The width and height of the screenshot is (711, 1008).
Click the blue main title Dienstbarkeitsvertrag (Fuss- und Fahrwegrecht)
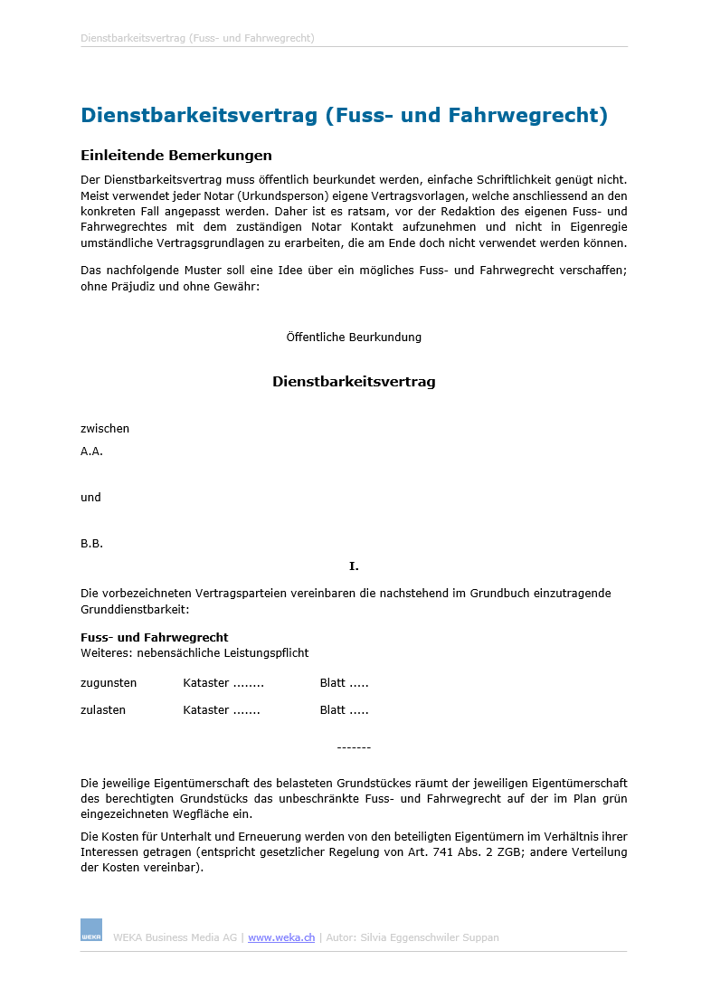(x=344, y=116)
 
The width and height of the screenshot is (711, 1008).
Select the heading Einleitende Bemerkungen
(x=176, y=156)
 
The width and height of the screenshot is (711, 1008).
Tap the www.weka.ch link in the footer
(x=281, y=937)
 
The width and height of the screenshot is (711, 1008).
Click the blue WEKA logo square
(x=91, y=930)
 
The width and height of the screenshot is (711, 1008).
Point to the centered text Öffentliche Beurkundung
(x=354, y=338)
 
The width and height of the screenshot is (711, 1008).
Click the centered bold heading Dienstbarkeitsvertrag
(x=354, y=382)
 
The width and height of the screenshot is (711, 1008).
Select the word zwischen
(x=105, y=429)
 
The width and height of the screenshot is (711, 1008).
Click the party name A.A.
(x=91, y=451)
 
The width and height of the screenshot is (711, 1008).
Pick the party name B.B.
(x=91, y=544)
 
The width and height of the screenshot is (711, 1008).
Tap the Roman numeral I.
(x=354, y=566)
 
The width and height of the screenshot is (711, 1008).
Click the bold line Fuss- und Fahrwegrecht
(x=155, y=638)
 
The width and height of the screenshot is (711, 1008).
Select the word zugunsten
(x=109, y=683)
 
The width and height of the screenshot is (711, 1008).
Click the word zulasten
(x=103, y=710)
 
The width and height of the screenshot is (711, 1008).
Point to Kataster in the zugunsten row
(x=206, y=683)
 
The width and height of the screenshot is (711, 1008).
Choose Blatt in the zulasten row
(x=333, y=710)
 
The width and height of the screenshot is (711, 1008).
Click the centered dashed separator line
(x=354, y=747)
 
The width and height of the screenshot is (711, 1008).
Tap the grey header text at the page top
(x=197, y=39)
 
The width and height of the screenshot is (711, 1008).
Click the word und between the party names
(x=90, y=498)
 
